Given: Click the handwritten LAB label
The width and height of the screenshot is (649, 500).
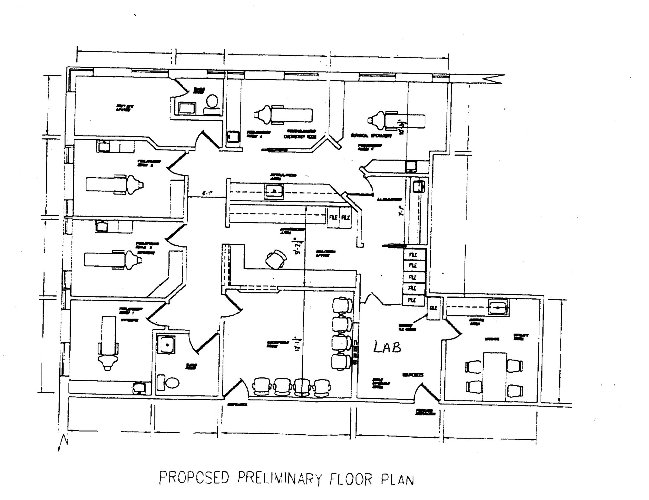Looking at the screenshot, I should (x=387, y=347).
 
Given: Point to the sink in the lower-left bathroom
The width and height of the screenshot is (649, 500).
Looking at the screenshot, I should (x=166, y=344).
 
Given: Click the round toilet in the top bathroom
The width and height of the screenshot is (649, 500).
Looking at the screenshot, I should (x=212, y=101).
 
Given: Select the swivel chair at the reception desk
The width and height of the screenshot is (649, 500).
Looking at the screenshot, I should (x=276, y=259).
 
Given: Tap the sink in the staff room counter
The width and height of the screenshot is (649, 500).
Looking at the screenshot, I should (x=498, y=307).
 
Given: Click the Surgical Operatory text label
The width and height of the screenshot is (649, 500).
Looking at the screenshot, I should (x=371, y=136).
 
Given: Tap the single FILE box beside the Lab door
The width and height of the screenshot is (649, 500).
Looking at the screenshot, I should (x=434, y=308).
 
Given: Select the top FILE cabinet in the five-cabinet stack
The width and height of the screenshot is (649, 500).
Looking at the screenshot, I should (x=413, y=255).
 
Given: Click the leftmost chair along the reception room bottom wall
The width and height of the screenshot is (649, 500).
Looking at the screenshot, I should (x=262, y=387).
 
